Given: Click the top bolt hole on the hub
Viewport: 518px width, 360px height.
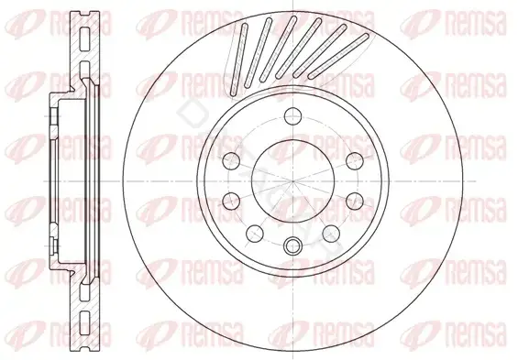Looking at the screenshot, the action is coord(292,116).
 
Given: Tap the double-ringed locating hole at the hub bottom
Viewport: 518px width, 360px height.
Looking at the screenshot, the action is coord(292,245).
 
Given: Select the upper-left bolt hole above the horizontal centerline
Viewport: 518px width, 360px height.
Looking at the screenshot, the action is coord(231,161).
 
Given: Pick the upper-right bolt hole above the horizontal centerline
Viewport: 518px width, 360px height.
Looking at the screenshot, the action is coord(355,161).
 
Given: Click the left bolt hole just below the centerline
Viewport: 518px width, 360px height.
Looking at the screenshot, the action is coord(231,201).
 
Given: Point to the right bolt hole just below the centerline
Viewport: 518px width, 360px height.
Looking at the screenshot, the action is coord(355,201).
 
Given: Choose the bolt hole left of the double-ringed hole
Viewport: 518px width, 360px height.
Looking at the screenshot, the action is coord(255,233).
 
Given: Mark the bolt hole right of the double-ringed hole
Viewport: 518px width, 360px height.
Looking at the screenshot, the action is coord(331,233).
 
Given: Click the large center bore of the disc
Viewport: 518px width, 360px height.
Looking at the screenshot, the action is coord(292,181).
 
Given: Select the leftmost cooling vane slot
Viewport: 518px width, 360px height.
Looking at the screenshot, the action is coord(239,60).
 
